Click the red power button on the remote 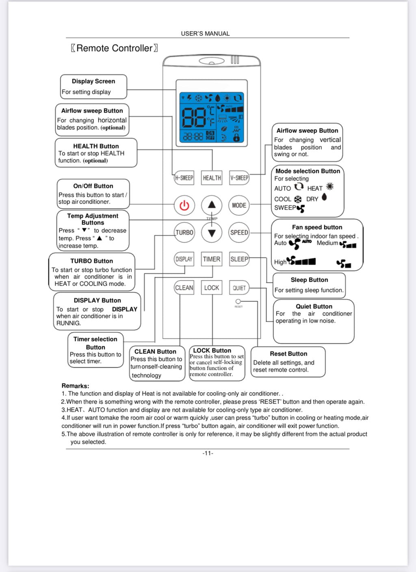click(184, 205)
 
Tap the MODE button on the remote click(239, 205)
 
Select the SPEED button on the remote click(239, 233)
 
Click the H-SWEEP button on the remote click(184, 178)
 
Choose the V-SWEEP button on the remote click(239, 178)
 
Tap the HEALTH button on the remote click(212, 178)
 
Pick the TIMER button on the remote click(212, 259)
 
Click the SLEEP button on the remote click(239, 259)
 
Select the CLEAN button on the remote click(184, 288)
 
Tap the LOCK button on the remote click(212, 288)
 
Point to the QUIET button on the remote click(239, 288)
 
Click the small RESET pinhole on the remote click(238, 302)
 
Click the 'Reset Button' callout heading click(288, 354)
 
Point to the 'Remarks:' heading click(75, 386)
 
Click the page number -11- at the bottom click(208, 453)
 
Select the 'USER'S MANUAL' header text click(205, 34)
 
